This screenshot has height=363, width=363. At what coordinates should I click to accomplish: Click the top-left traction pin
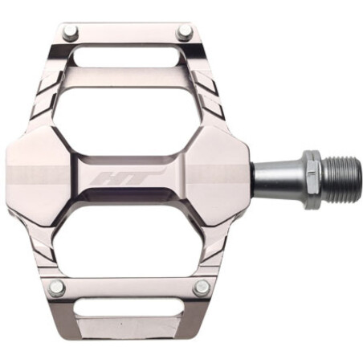pyautogui.click(x=71, y=32)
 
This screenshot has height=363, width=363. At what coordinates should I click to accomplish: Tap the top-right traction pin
pyautogui.click(x=186, y=32)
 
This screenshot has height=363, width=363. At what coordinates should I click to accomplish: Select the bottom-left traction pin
pyautogui.click(x=57, y=288)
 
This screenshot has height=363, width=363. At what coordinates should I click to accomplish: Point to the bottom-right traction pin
pyautogui.click(x=202, y=288)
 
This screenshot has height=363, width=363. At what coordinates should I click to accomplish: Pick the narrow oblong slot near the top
pyautogui.click(x=126, y=57)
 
